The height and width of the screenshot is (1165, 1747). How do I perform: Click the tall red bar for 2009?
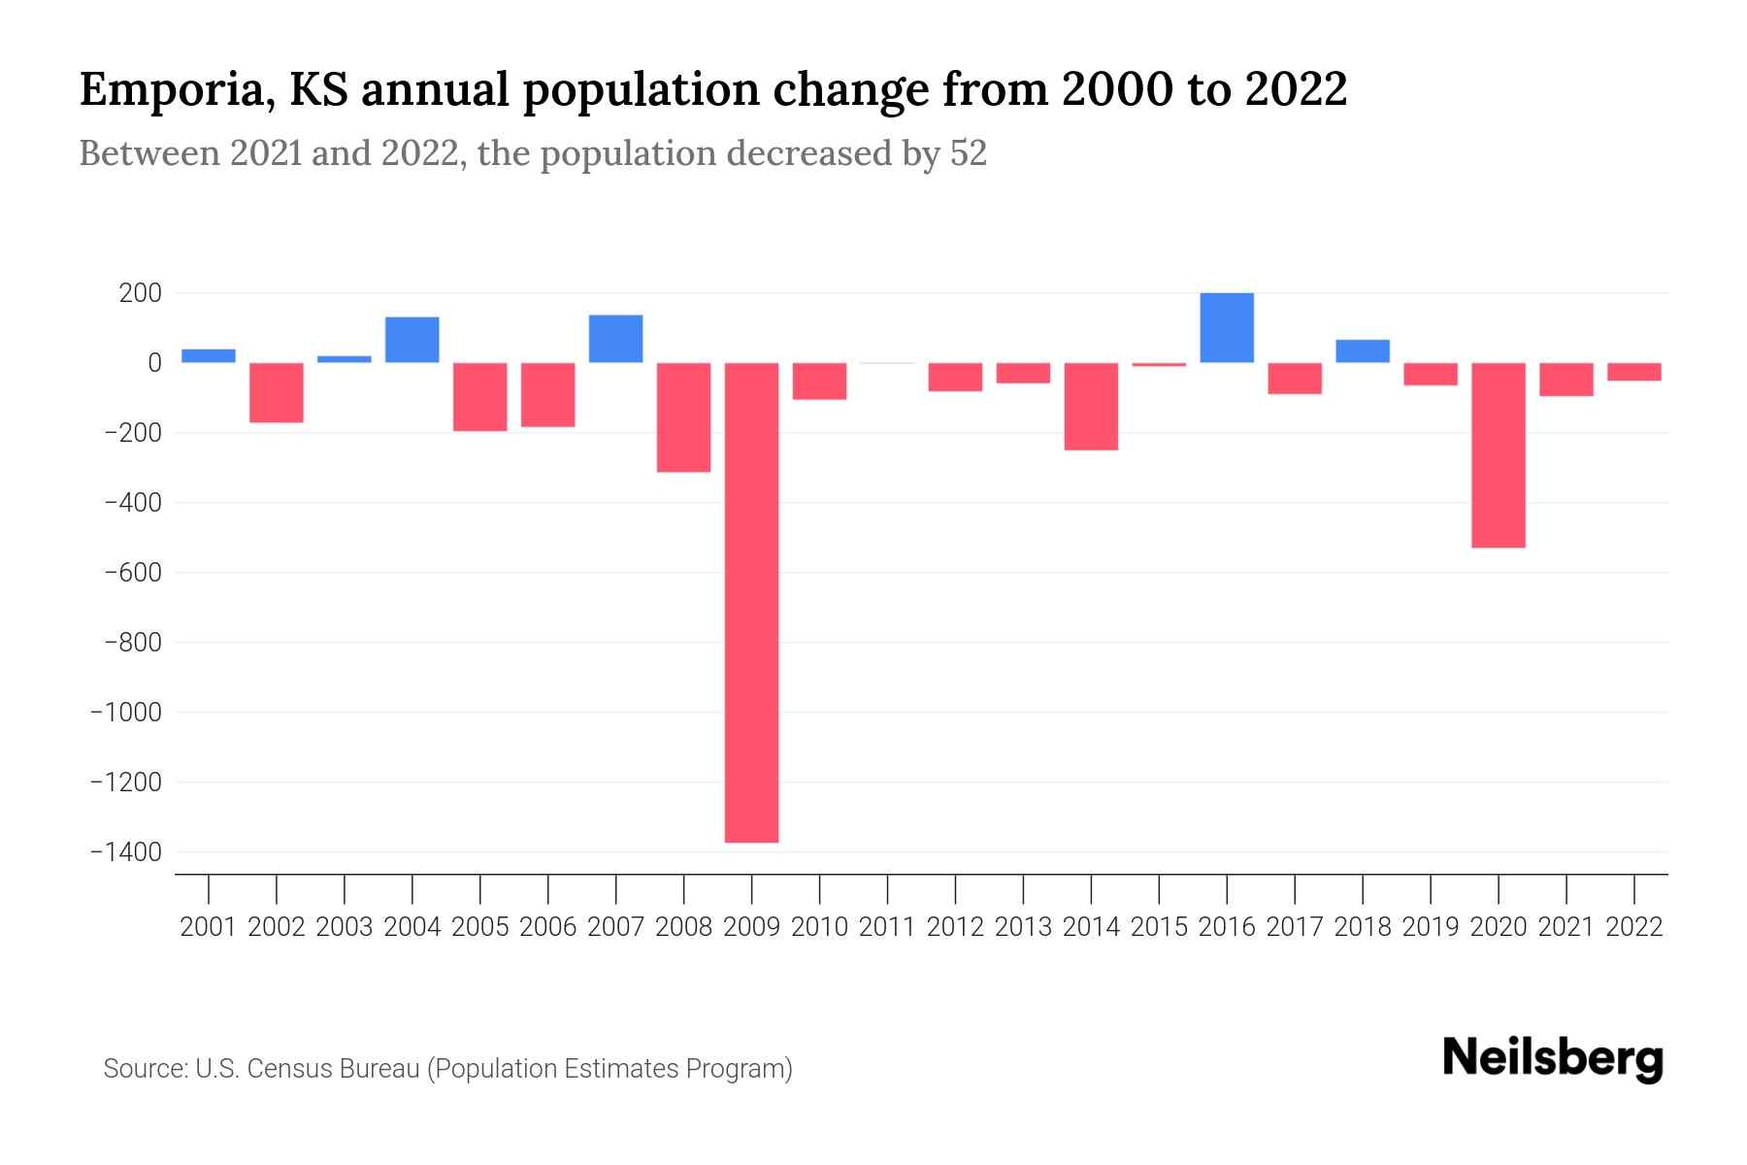point(752,602)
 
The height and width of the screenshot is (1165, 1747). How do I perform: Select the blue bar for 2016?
point(1227,328)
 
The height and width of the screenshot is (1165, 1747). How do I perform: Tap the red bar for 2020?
point(1499,455)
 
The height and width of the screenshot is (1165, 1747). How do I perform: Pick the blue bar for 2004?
point(412,340)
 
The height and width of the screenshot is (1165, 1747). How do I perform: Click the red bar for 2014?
point(1091,406)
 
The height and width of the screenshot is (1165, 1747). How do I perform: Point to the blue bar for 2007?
point(616,339)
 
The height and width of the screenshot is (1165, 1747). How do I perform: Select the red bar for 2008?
point(684,417)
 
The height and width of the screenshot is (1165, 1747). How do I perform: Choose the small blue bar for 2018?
point(1363,351)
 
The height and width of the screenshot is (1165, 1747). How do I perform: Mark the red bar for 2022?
point(1634,372)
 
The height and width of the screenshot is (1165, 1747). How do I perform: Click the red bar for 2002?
point(277,392)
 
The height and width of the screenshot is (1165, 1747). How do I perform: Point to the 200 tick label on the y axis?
point(141,293)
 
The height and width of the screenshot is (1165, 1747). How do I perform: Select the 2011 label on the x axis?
point(887,927)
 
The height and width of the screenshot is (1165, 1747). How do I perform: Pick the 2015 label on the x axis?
point(1159,927)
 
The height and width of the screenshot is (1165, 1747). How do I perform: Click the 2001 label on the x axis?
point(209,927)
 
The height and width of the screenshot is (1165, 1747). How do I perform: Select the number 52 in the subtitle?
point(968,153)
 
